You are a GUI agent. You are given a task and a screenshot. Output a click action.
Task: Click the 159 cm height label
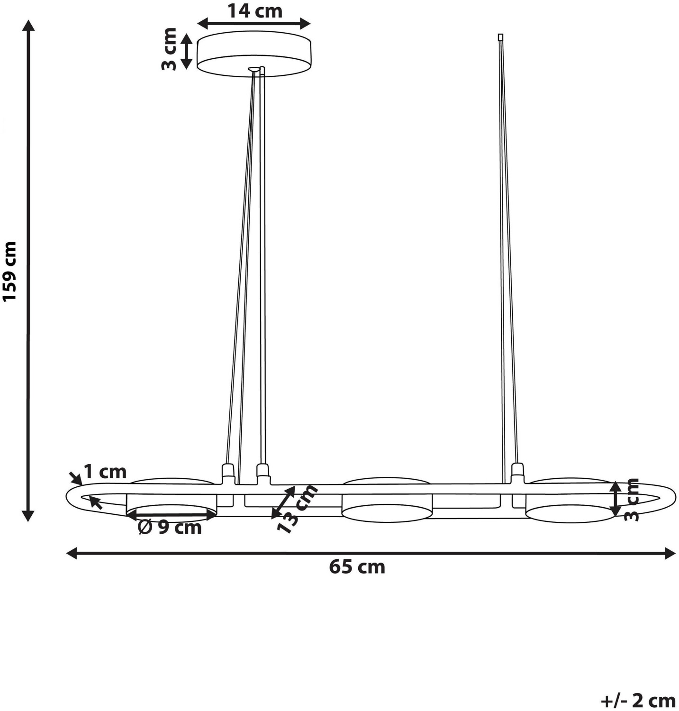(x=10, y=271)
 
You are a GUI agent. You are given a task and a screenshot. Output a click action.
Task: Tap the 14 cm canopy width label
(x=254, y=10)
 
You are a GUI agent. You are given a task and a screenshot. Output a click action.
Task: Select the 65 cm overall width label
(x=357, y=567)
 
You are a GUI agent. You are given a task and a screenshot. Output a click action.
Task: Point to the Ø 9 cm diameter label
(x=170, y=527)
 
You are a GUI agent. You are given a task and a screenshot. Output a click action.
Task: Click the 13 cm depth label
(x=298, y=509)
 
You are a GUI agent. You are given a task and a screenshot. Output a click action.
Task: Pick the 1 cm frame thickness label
(x=105, y=472)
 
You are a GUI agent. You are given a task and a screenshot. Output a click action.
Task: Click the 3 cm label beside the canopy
(x=169, y=49)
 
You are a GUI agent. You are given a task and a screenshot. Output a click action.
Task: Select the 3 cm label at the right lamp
(x=632, y=500)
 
